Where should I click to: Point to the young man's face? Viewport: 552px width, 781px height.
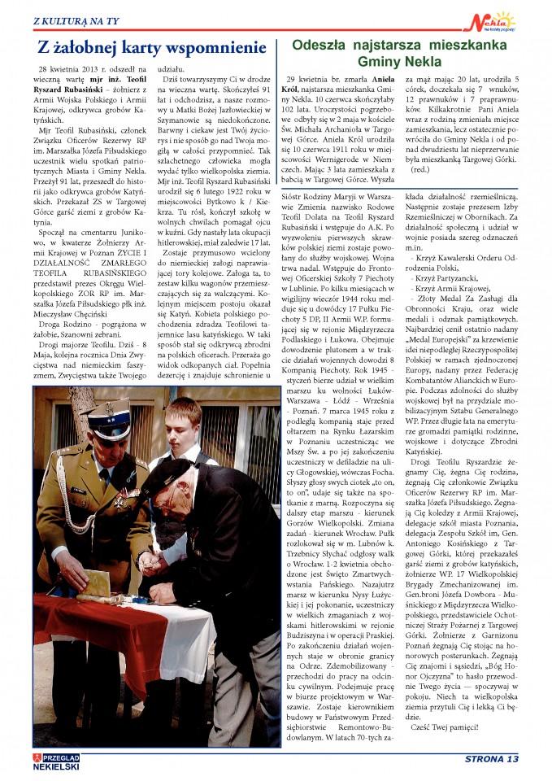[189, 425]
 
